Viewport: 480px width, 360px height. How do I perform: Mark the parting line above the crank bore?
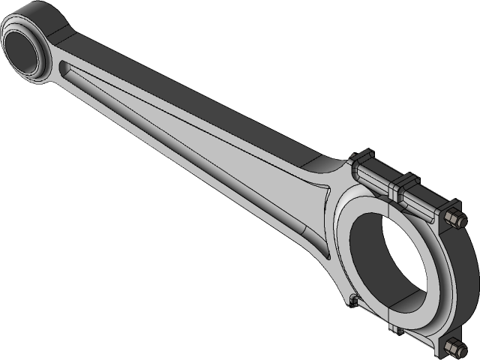point(389,210)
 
